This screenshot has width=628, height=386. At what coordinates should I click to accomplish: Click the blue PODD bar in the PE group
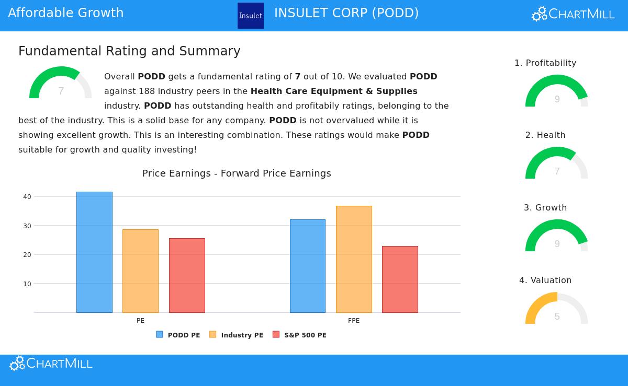click(94, 252)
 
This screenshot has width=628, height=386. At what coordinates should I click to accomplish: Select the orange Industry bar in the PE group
click(140, 271)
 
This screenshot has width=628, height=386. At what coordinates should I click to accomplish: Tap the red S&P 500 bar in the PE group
click(187, 275)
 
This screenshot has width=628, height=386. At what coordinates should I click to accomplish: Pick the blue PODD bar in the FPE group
click(307, 266)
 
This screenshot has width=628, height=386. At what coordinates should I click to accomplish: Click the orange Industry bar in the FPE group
click(354, 259)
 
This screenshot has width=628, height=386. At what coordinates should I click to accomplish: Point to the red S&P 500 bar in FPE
click(400, 279)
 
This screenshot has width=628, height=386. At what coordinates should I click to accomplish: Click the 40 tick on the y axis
click(27, 197)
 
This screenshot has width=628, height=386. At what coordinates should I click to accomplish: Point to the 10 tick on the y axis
click(27, 284)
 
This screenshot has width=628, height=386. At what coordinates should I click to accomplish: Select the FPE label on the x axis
click(354, 321)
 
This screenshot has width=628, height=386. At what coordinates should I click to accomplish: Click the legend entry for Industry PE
click(237, 335)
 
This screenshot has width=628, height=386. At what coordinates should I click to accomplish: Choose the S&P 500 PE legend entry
click(300, 335)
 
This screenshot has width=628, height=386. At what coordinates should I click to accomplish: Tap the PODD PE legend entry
click(178, 335)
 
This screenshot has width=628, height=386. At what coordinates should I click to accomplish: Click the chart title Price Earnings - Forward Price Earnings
click(237, 173)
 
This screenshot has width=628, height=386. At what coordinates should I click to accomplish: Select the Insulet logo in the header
click(251, 16)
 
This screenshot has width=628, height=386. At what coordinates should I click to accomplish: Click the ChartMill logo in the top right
click(573, 14)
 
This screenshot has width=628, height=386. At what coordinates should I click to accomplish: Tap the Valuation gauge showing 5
click(557, 309)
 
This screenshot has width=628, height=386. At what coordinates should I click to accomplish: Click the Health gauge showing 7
click(557, 164)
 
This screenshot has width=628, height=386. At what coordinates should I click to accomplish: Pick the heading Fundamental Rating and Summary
click(129, 51)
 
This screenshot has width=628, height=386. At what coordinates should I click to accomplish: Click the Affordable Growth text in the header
click(66, 13)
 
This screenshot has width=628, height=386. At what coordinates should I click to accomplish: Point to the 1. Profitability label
click(545, 63)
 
